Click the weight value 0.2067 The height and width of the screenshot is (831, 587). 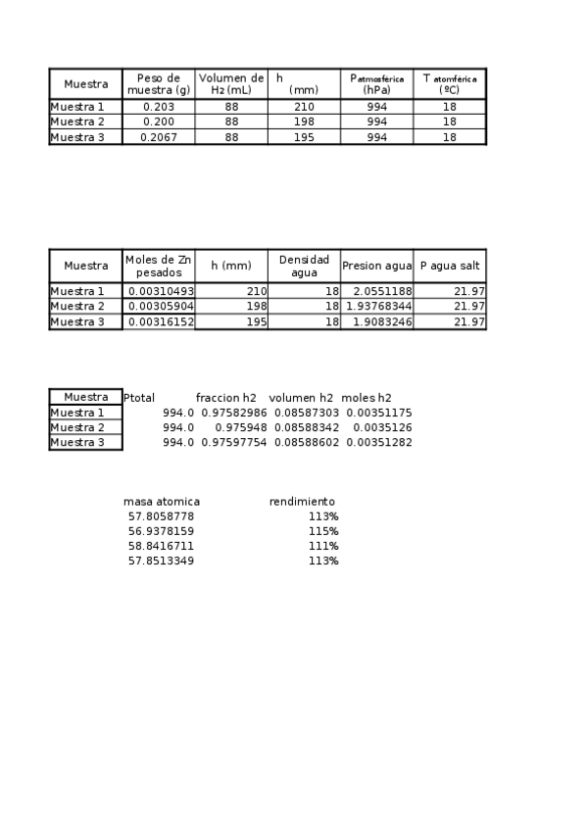point(159,137)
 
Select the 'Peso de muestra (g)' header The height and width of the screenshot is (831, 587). point(159,83)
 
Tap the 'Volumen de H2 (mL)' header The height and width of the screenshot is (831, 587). point(231,83)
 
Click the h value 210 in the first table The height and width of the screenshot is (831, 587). point(304,107)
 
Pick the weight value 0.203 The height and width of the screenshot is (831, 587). point(159,107)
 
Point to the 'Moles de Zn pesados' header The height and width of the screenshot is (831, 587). point(159,266)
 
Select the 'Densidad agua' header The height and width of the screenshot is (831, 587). point(304,266)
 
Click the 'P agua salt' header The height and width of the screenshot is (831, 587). point(450,266)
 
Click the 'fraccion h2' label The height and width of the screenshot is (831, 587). point(225,398)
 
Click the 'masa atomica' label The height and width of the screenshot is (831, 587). point(162,502)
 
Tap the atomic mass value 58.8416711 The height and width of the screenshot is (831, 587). point(162,546)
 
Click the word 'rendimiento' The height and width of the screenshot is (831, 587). point(302,502)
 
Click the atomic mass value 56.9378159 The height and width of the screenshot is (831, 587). point(162,531)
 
